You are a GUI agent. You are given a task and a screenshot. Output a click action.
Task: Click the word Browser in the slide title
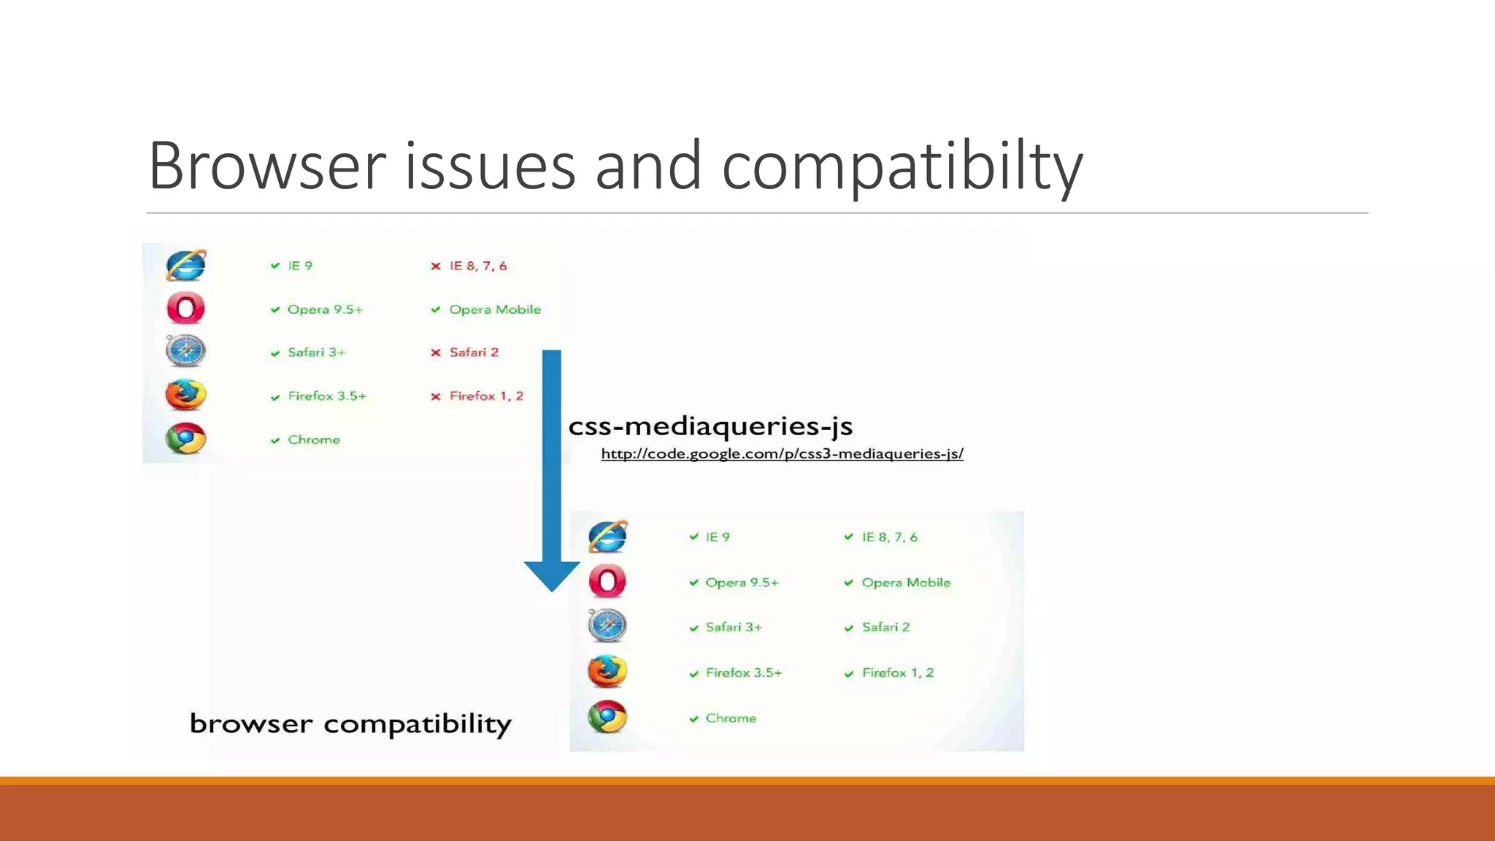[266, 166]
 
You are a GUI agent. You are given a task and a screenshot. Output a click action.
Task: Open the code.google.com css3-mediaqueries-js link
[782, 454]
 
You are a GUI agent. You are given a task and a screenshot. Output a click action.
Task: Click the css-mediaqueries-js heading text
[710, 426]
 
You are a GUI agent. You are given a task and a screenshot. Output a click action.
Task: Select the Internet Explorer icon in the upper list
[185, 266]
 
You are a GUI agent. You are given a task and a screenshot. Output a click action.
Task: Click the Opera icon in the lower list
[607, 582]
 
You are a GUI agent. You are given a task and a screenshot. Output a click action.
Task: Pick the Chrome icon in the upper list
[185, 439]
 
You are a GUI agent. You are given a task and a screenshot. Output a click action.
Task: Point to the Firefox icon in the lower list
[607, 672]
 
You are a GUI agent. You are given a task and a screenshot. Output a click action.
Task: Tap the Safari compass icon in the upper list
[185, 351]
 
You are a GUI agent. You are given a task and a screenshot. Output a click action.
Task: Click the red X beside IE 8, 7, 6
[436, 266]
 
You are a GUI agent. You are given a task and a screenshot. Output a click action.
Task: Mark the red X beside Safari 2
[436, 353]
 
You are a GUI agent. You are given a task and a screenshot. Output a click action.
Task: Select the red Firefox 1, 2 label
[486, 396]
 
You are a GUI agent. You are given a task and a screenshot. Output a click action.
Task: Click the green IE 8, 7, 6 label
[889, 537]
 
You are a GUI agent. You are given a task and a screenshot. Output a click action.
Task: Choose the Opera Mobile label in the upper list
[495, 310]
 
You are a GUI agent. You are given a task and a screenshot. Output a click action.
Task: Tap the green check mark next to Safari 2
[849, 628]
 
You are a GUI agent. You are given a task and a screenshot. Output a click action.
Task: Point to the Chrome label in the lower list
[731, 718]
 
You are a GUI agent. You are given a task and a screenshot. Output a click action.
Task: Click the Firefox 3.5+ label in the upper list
[327, 396]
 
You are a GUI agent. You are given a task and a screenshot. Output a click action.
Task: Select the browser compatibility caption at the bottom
[350, 723]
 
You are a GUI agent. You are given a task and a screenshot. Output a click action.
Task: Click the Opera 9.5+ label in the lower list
[742, 583]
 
